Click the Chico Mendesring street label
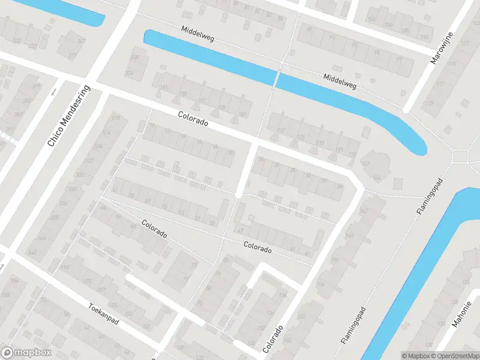[68, 116]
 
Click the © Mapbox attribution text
[415, 356]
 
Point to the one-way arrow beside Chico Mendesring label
[53, 92]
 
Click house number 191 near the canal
[163, 88]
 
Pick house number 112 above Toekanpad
[65, 268]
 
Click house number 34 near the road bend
[340, 186]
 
